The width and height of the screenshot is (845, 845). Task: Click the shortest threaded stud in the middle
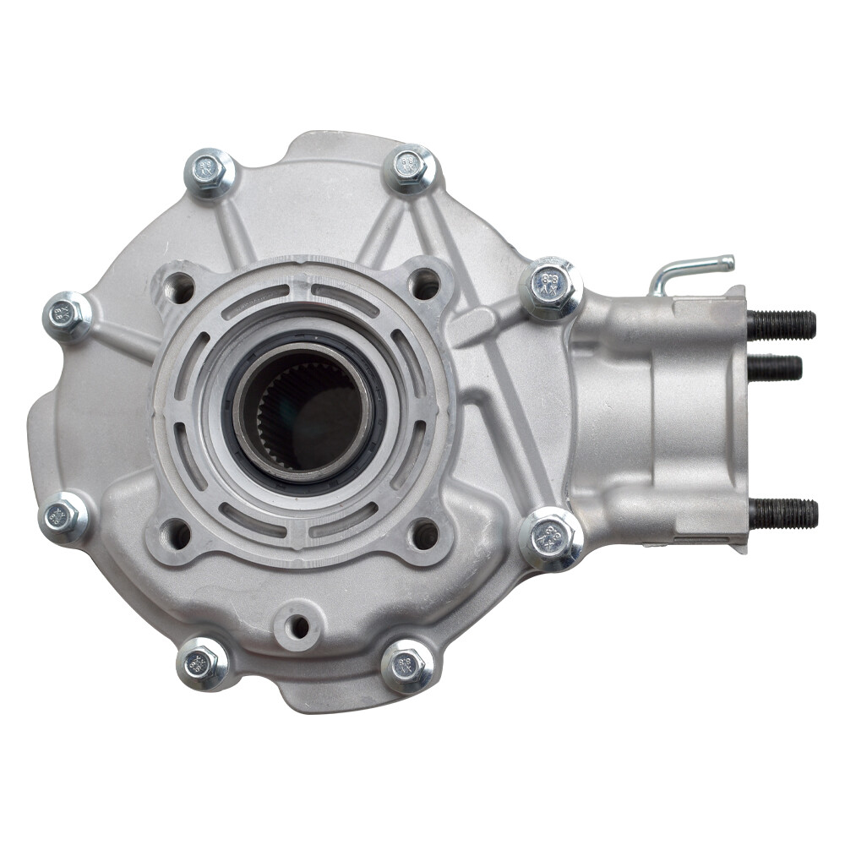pyautogui.click(x=774, y=368)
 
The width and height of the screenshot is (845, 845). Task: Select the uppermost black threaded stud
pyautogui.click(x=781, y=324)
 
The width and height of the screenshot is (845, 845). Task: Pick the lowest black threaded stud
pyautogui.click(x=782, y=513)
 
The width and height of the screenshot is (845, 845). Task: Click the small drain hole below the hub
pyautogui.click(x=297, y=627)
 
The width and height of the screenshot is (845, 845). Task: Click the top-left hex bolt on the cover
pyautogui.click(x=209, y=172)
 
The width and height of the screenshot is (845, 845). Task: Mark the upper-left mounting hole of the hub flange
pyautogui.click(x=178, y=288)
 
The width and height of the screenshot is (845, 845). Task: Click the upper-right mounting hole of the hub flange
pyautogui.click(x=424, y=285)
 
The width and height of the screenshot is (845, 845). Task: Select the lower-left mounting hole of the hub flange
pyautogui.click(x=177, y=533)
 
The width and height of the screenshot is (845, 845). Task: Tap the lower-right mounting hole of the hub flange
pyautogui.click(x=424, y=534)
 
